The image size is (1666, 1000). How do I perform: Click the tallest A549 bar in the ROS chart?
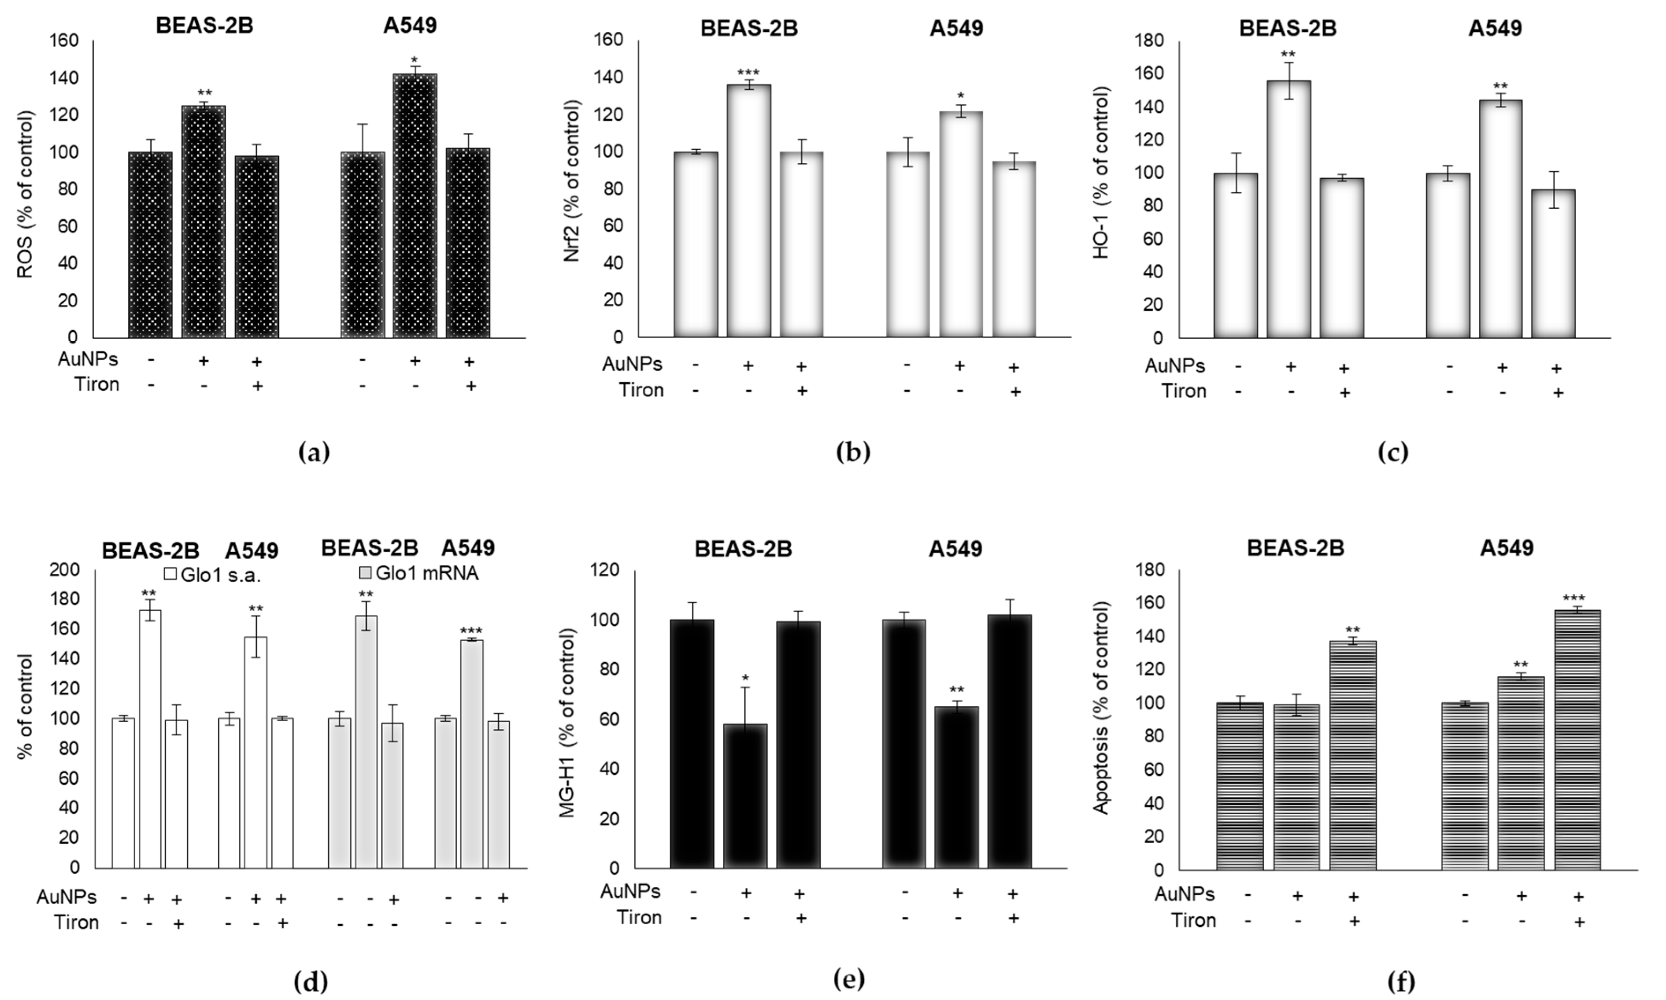click(x=415, y=206)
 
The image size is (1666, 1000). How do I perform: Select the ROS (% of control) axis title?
click(x=25, y=195)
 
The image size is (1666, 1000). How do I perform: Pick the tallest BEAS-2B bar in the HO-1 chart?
click(x=1288, y=209)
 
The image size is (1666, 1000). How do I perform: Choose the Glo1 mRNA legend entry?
click(x=418, y=573)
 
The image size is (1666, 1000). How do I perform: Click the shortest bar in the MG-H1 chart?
click(x=745, y=795)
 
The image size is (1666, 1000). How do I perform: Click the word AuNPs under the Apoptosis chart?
click(x=1184, y=894)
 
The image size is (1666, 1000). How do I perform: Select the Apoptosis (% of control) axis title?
click(x=1100, y=708)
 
